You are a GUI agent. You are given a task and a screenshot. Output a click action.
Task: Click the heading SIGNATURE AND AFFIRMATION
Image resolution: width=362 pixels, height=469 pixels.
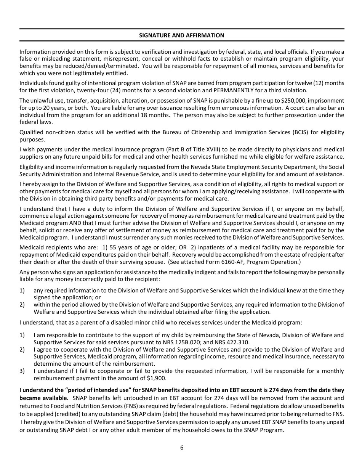(181, 35)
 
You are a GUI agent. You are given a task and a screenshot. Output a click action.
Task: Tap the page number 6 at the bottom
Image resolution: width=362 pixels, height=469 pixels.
(182, 448)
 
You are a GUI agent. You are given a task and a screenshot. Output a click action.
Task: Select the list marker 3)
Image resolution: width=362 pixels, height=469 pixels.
(22, 371)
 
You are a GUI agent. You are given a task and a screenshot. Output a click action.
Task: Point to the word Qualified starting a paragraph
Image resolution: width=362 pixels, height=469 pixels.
(33, 132)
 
